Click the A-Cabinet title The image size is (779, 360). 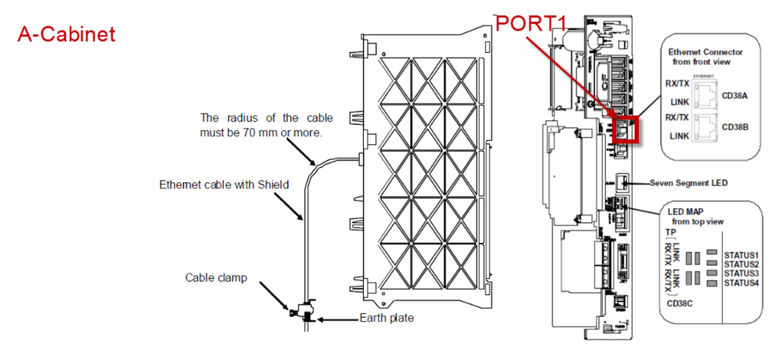tap(67, 34)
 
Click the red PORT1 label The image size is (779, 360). tap(530, 24)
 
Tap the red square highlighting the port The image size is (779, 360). tap(627, 129)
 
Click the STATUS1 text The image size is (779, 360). tap(742, 255)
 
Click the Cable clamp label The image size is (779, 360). tap(216, 277)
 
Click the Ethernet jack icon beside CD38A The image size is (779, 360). tap(703, 95)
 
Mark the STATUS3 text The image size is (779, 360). tap(742, 273)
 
